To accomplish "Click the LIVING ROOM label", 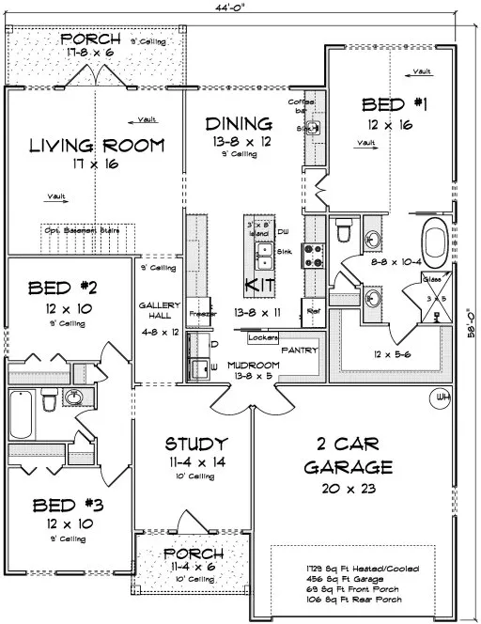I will click(97, 146).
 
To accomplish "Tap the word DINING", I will click(240, 123).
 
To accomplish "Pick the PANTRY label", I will click(300, 351).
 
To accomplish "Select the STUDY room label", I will click(195, 444).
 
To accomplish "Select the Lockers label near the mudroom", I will click(264, 336).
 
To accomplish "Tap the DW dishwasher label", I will click(283, 230).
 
